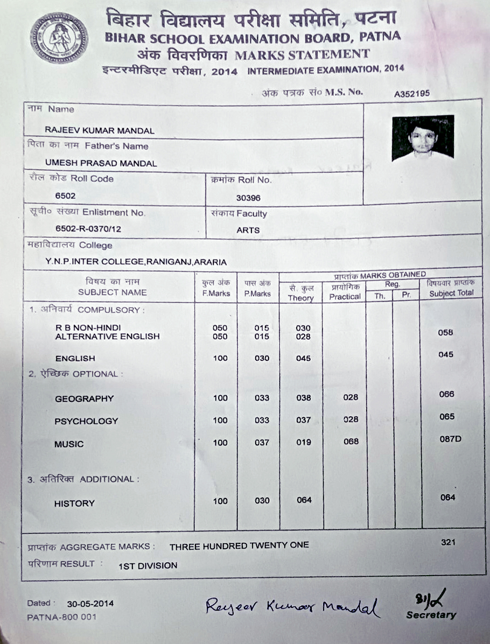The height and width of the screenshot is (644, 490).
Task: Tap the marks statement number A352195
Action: coord(412,93)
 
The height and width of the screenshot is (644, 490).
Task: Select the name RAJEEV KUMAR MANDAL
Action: coord(100,130)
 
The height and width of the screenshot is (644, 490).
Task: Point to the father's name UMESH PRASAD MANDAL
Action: coord(101,163)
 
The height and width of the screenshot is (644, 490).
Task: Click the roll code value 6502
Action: coord(65,195)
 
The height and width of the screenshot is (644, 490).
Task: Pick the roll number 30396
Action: coord(248,198)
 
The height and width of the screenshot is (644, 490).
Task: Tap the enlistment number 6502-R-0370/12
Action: coord(88,229)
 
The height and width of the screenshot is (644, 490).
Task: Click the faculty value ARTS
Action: coord(248,230)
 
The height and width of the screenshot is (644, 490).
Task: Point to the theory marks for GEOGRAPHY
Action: coord(304,398)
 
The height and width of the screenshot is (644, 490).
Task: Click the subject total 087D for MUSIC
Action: coord(451,439)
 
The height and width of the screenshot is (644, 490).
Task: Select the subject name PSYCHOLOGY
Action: coord(86,421)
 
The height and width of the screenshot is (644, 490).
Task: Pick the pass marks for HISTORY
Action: coord(262,501)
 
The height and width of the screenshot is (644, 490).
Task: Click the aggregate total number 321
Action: coord(448,542)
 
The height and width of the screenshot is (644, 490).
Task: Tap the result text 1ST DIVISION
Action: coord(148,565)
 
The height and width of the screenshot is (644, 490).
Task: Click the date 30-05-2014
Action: coord(90,604)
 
